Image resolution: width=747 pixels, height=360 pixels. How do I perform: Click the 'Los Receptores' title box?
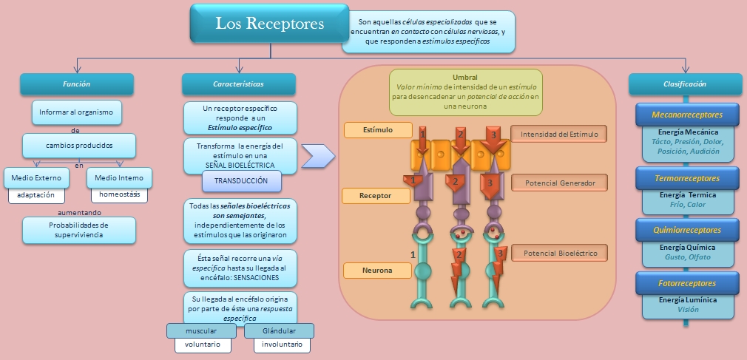[270, 24]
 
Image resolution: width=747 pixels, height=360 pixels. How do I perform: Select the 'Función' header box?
[76, 84]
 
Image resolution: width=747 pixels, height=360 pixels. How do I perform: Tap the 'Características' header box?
[238, 84]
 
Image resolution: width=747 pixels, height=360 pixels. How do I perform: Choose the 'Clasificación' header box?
[685, 84]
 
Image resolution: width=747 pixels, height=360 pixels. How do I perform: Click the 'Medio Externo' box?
[37, 177]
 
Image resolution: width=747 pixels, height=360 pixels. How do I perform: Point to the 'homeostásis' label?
[119, 195]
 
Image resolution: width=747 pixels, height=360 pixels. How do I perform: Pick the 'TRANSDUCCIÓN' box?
[242, 181]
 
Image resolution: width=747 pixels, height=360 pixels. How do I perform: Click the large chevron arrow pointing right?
[318, 156]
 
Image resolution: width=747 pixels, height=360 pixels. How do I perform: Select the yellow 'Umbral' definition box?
[465, 92]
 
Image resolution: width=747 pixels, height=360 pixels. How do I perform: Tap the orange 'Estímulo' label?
[378, 130]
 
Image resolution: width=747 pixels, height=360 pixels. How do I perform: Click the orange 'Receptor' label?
[376, 196]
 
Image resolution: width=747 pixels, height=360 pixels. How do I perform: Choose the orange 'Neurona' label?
[377, 271]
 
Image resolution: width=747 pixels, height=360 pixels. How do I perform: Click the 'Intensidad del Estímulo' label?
[559, 134]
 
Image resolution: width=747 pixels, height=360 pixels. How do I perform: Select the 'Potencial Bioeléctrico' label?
[559, 254]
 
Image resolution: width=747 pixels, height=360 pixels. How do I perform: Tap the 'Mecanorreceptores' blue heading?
[687, 115]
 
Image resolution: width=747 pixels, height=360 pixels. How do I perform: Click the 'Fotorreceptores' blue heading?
[687, 282]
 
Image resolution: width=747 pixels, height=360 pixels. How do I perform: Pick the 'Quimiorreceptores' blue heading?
[687, 229]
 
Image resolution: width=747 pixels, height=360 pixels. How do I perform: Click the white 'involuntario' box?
[282, 344]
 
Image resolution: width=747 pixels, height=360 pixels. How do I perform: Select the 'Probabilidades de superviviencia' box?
[78, 230]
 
